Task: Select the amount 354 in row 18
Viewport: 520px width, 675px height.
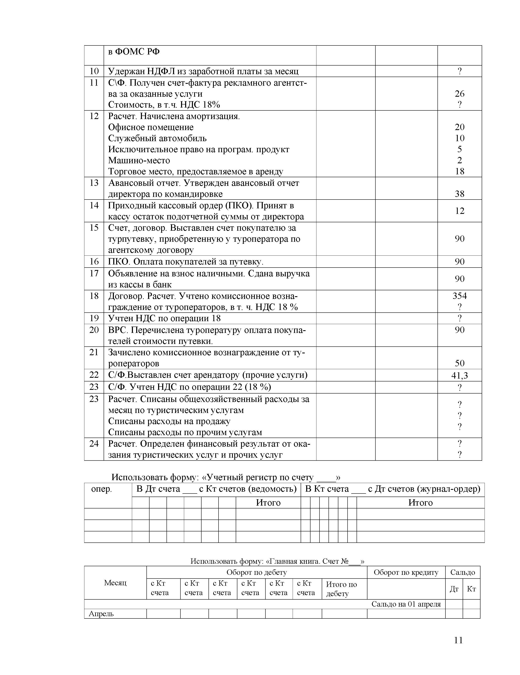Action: [459, 296]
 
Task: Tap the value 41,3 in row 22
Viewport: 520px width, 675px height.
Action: [459, 375]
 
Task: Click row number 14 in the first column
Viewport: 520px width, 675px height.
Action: [94, 205]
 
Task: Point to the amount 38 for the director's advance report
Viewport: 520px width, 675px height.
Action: [459, 194]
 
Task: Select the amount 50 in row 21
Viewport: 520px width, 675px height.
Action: [459, 363]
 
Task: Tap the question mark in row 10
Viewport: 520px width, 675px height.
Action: [459, 71]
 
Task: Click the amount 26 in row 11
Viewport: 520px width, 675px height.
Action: [459, 94]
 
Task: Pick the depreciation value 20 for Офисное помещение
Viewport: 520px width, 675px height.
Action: [459, 127]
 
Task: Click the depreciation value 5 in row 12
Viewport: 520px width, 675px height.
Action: [459, 149]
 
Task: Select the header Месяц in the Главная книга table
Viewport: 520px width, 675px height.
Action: [115, 583]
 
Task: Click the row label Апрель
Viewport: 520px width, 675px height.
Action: [101, 614]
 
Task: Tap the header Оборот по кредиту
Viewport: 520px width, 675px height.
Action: [406, 572]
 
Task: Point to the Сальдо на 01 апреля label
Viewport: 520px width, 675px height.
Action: [406, 604]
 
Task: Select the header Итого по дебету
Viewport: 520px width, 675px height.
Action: [341, 589]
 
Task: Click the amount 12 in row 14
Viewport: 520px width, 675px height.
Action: [459, 211]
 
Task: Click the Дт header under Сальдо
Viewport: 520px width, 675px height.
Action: [454, 589]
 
